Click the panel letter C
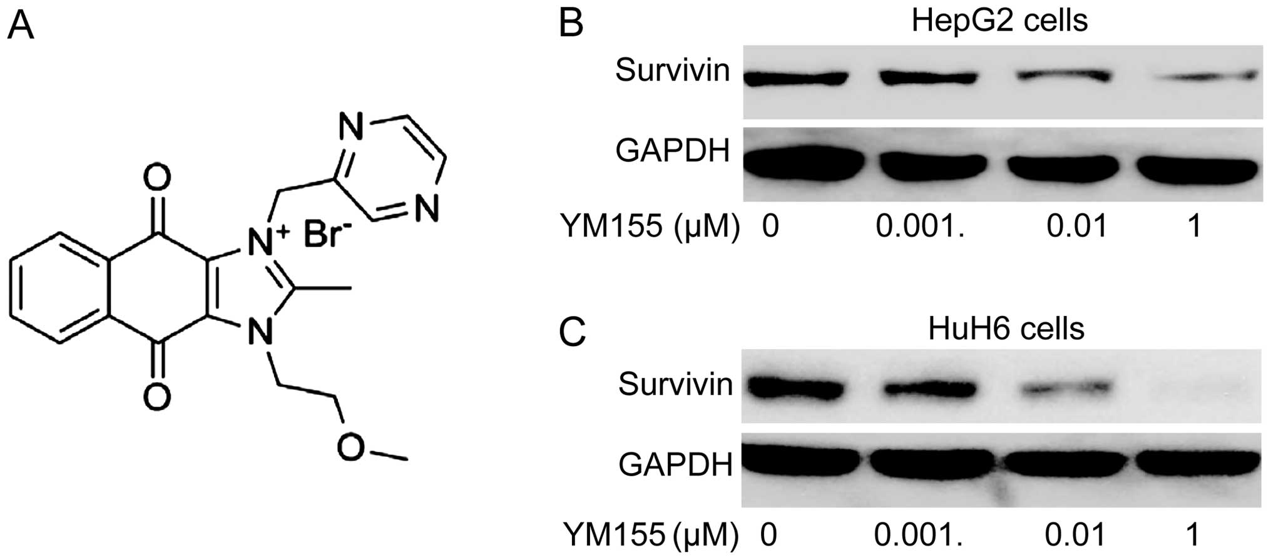[571, 332]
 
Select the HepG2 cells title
[999, 20]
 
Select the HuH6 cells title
[1006, 328]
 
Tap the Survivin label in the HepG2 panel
[672, 70]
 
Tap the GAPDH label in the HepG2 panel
[672, 151]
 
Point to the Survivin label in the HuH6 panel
[675, 384]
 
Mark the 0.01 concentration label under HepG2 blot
[1076, 225]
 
